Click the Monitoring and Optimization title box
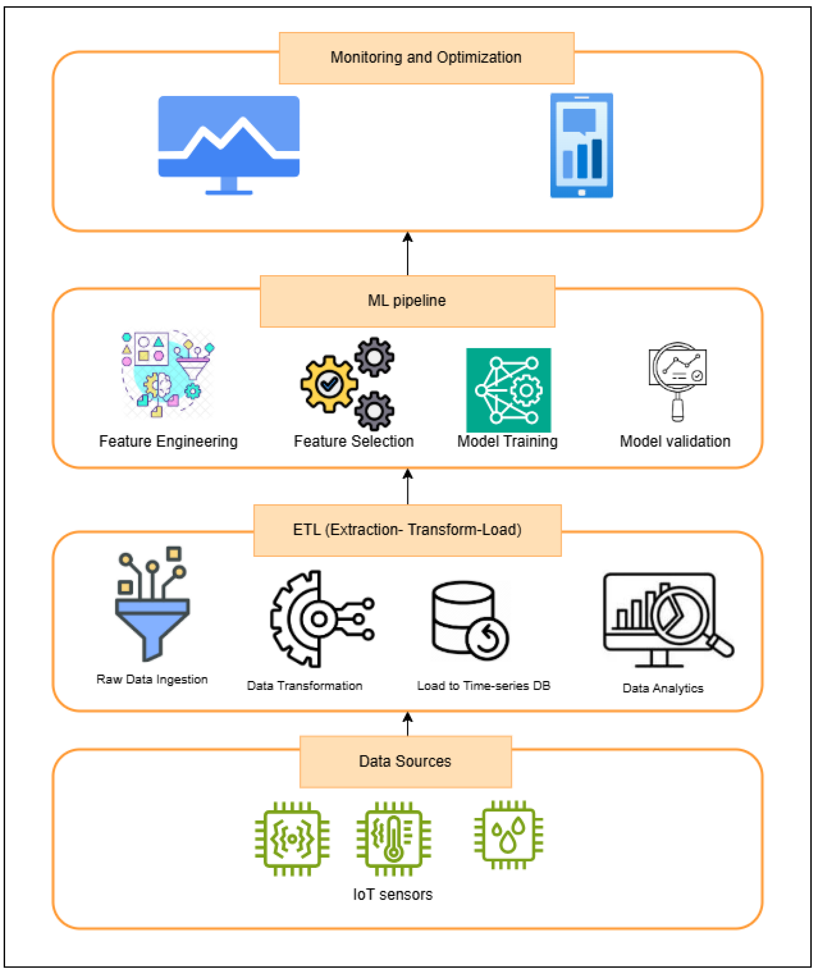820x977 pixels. click(x=426, y=58)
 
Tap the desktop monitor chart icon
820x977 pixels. click(x=229, y=144)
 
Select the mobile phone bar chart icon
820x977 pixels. click(x=581, y=145)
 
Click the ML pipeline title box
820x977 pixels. click(x=408, y=301)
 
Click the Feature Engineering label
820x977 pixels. click(x=168, y=441)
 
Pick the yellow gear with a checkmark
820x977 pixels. click(x=329, y=384)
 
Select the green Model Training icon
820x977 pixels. click(x=508, y=390)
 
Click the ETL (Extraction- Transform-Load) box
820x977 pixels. click(x=408, y=530)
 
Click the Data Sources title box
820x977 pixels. click(x=406, y=762)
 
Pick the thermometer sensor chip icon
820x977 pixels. click(x=394, y=839)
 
